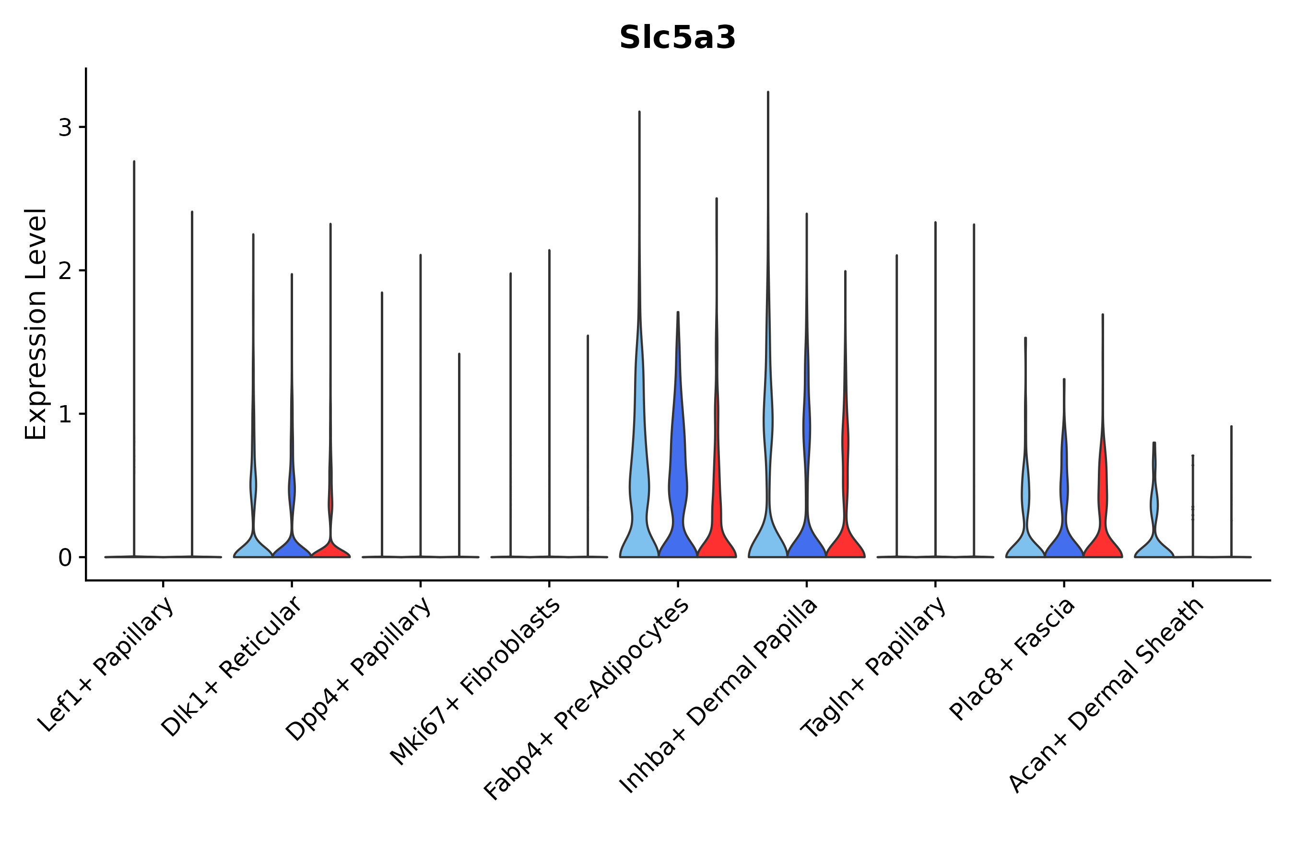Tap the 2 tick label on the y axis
(65, 271)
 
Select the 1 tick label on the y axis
(65, 414)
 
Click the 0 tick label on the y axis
(65, 558)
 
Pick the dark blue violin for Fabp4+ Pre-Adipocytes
(678, 495)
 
